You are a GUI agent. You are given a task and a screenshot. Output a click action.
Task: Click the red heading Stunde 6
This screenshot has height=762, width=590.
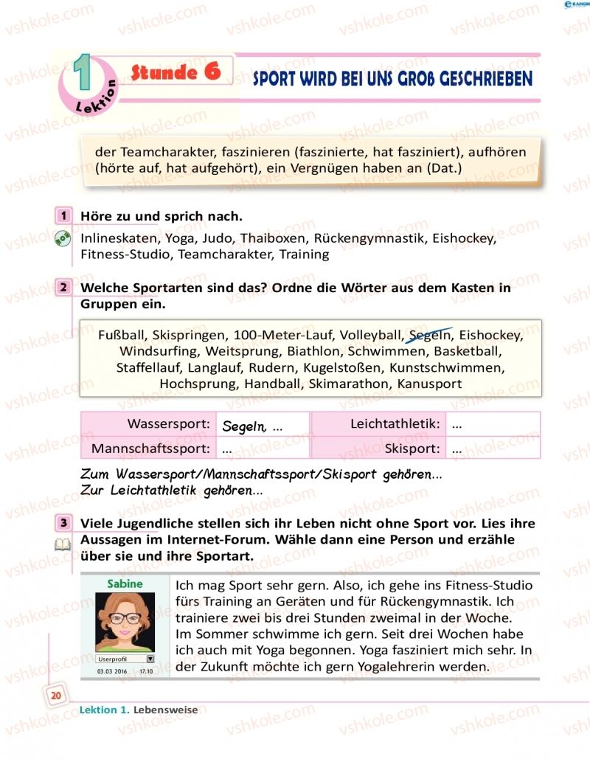coord(176,72)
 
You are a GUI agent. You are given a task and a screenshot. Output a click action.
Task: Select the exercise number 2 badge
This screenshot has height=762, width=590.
coord(64,288)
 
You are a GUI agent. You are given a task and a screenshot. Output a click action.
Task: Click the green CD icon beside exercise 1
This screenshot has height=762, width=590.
coord(63,238)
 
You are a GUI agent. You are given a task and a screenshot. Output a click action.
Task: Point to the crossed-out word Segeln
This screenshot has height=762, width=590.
coord(430,335)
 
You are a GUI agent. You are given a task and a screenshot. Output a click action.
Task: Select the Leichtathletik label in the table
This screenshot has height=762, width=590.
coord(395,424)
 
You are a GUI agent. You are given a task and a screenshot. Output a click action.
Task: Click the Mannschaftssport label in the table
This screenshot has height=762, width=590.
coord(152,448)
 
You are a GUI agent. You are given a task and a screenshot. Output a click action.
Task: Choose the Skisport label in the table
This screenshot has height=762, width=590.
coord(413,448)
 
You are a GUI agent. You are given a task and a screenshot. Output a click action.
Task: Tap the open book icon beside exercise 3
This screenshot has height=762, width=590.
coord(63,544)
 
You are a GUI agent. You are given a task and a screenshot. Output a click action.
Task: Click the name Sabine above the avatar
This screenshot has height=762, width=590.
coord(125,583)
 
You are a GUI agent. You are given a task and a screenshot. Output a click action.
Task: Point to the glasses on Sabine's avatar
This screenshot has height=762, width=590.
coord(125,617)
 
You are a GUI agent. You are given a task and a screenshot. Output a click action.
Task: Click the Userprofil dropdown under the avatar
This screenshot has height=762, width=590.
coord(125,659)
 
